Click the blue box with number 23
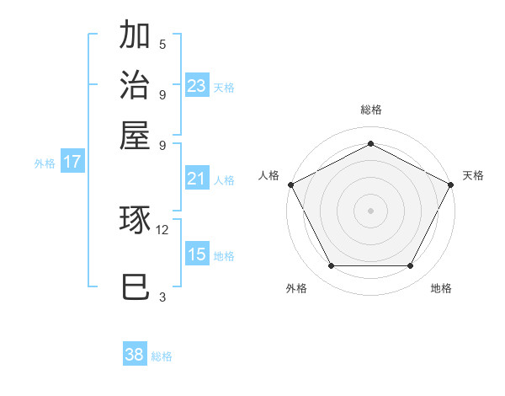point(197,86)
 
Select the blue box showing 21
point(197,179)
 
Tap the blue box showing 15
point(197,254)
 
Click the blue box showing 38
point(135,355)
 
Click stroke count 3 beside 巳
point(162,297)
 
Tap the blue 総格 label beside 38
point(162,356)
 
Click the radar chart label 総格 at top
point(370,110)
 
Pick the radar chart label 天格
point(473,175)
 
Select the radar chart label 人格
point(268,175)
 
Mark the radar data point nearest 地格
point(411,266)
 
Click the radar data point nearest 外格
point(331,266)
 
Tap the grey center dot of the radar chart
point(370,210)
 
